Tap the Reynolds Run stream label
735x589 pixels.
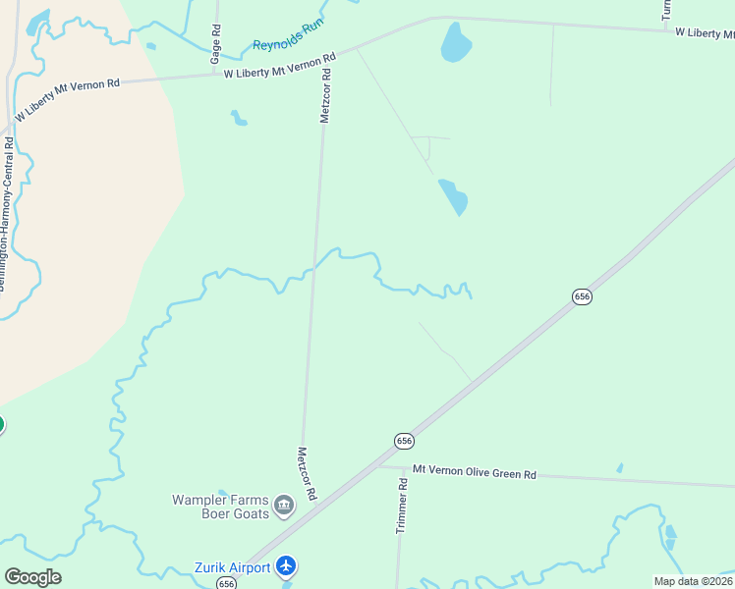[x=288, y=37]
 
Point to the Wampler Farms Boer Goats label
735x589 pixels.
[x=220, y=506]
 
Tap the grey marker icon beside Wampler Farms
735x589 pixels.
[x=284, y=507]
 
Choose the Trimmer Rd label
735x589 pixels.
[x=401, y=507]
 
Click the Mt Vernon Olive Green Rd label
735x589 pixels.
[x=474, y=473]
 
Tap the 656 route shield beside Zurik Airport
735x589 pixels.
[x=227, y=583]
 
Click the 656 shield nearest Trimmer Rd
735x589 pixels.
[x=404, y=441]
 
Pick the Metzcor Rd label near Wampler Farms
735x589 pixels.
[x=306, y=474]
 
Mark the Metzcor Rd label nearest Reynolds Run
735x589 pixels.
[x=326, y=95]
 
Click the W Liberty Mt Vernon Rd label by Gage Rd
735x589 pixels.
[x=274, y=66]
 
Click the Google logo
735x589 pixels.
[x=32, y=577]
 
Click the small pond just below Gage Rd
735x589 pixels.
[x=239, y=119]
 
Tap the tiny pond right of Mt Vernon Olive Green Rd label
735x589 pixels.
[x=619, y=468]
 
